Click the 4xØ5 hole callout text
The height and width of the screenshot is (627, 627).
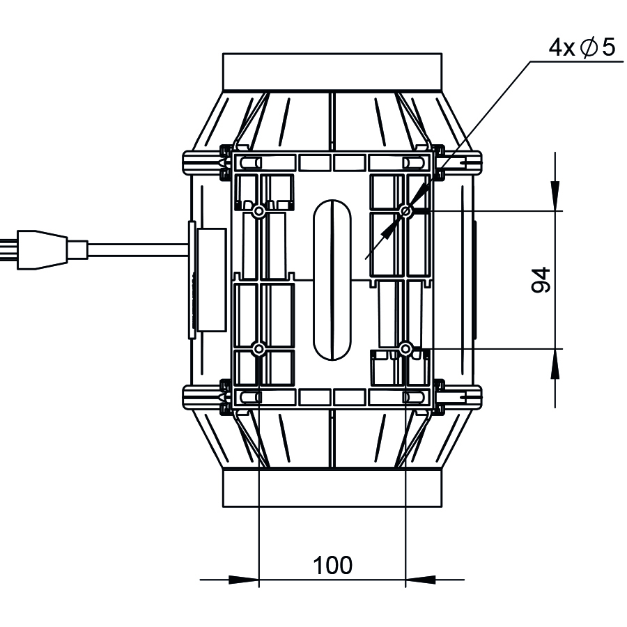click(x=582, y=47)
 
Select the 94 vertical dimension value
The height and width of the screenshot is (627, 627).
click(x=541, y=280)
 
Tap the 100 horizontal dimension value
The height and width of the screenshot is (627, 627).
click(x=332, y=565)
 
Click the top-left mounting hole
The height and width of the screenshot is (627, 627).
click(x=258, y=210)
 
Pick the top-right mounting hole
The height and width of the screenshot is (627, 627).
click(x=405, y=210)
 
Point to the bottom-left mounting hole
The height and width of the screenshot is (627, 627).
click(x=258, y=349)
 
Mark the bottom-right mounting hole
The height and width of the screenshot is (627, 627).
click(x=405, y=349)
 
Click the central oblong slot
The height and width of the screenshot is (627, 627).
click(x=332, y=280)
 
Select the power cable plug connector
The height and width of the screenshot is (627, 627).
click(x=52, y=249)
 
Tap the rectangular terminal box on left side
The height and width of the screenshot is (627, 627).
click(x=212, y=280)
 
